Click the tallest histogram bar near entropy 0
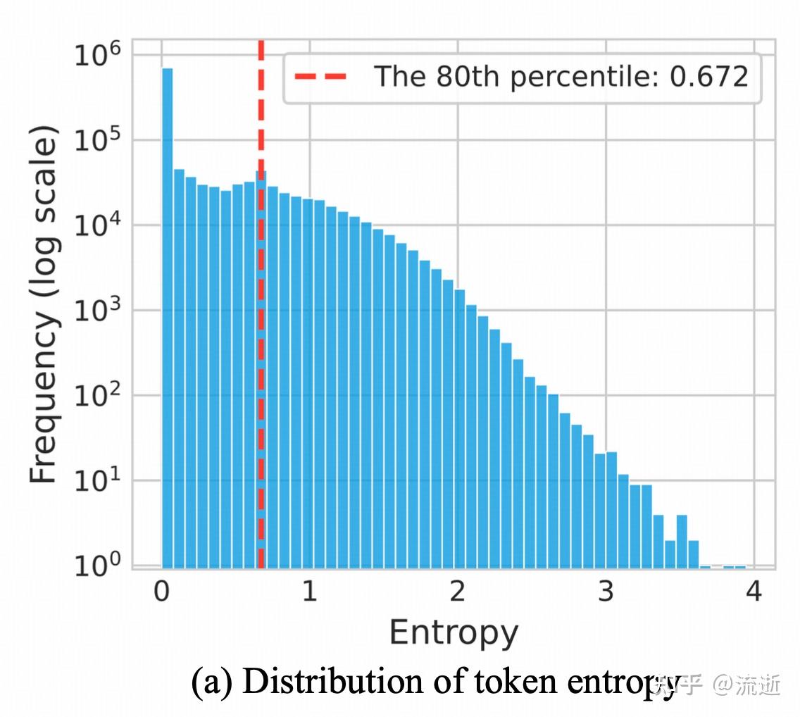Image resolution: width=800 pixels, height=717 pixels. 168,317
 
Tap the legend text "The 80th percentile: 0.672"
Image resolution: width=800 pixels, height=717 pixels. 560,76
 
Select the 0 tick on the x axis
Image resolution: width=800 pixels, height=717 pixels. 162,592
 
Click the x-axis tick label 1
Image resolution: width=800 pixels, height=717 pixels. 310,592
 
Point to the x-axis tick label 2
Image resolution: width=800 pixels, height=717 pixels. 458,592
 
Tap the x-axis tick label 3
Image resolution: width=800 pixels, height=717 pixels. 606,592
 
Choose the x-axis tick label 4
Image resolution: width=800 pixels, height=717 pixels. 754,592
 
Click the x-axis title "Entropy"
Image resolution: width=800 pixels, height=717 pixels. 454,632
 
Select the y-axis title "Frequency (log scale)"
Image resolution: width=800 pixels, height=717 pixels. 44,304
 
